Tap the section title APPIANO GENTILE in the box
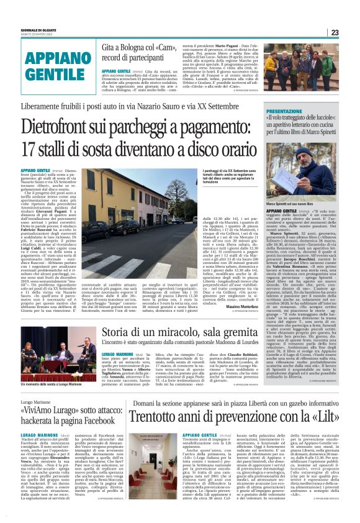coord(49,64)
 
